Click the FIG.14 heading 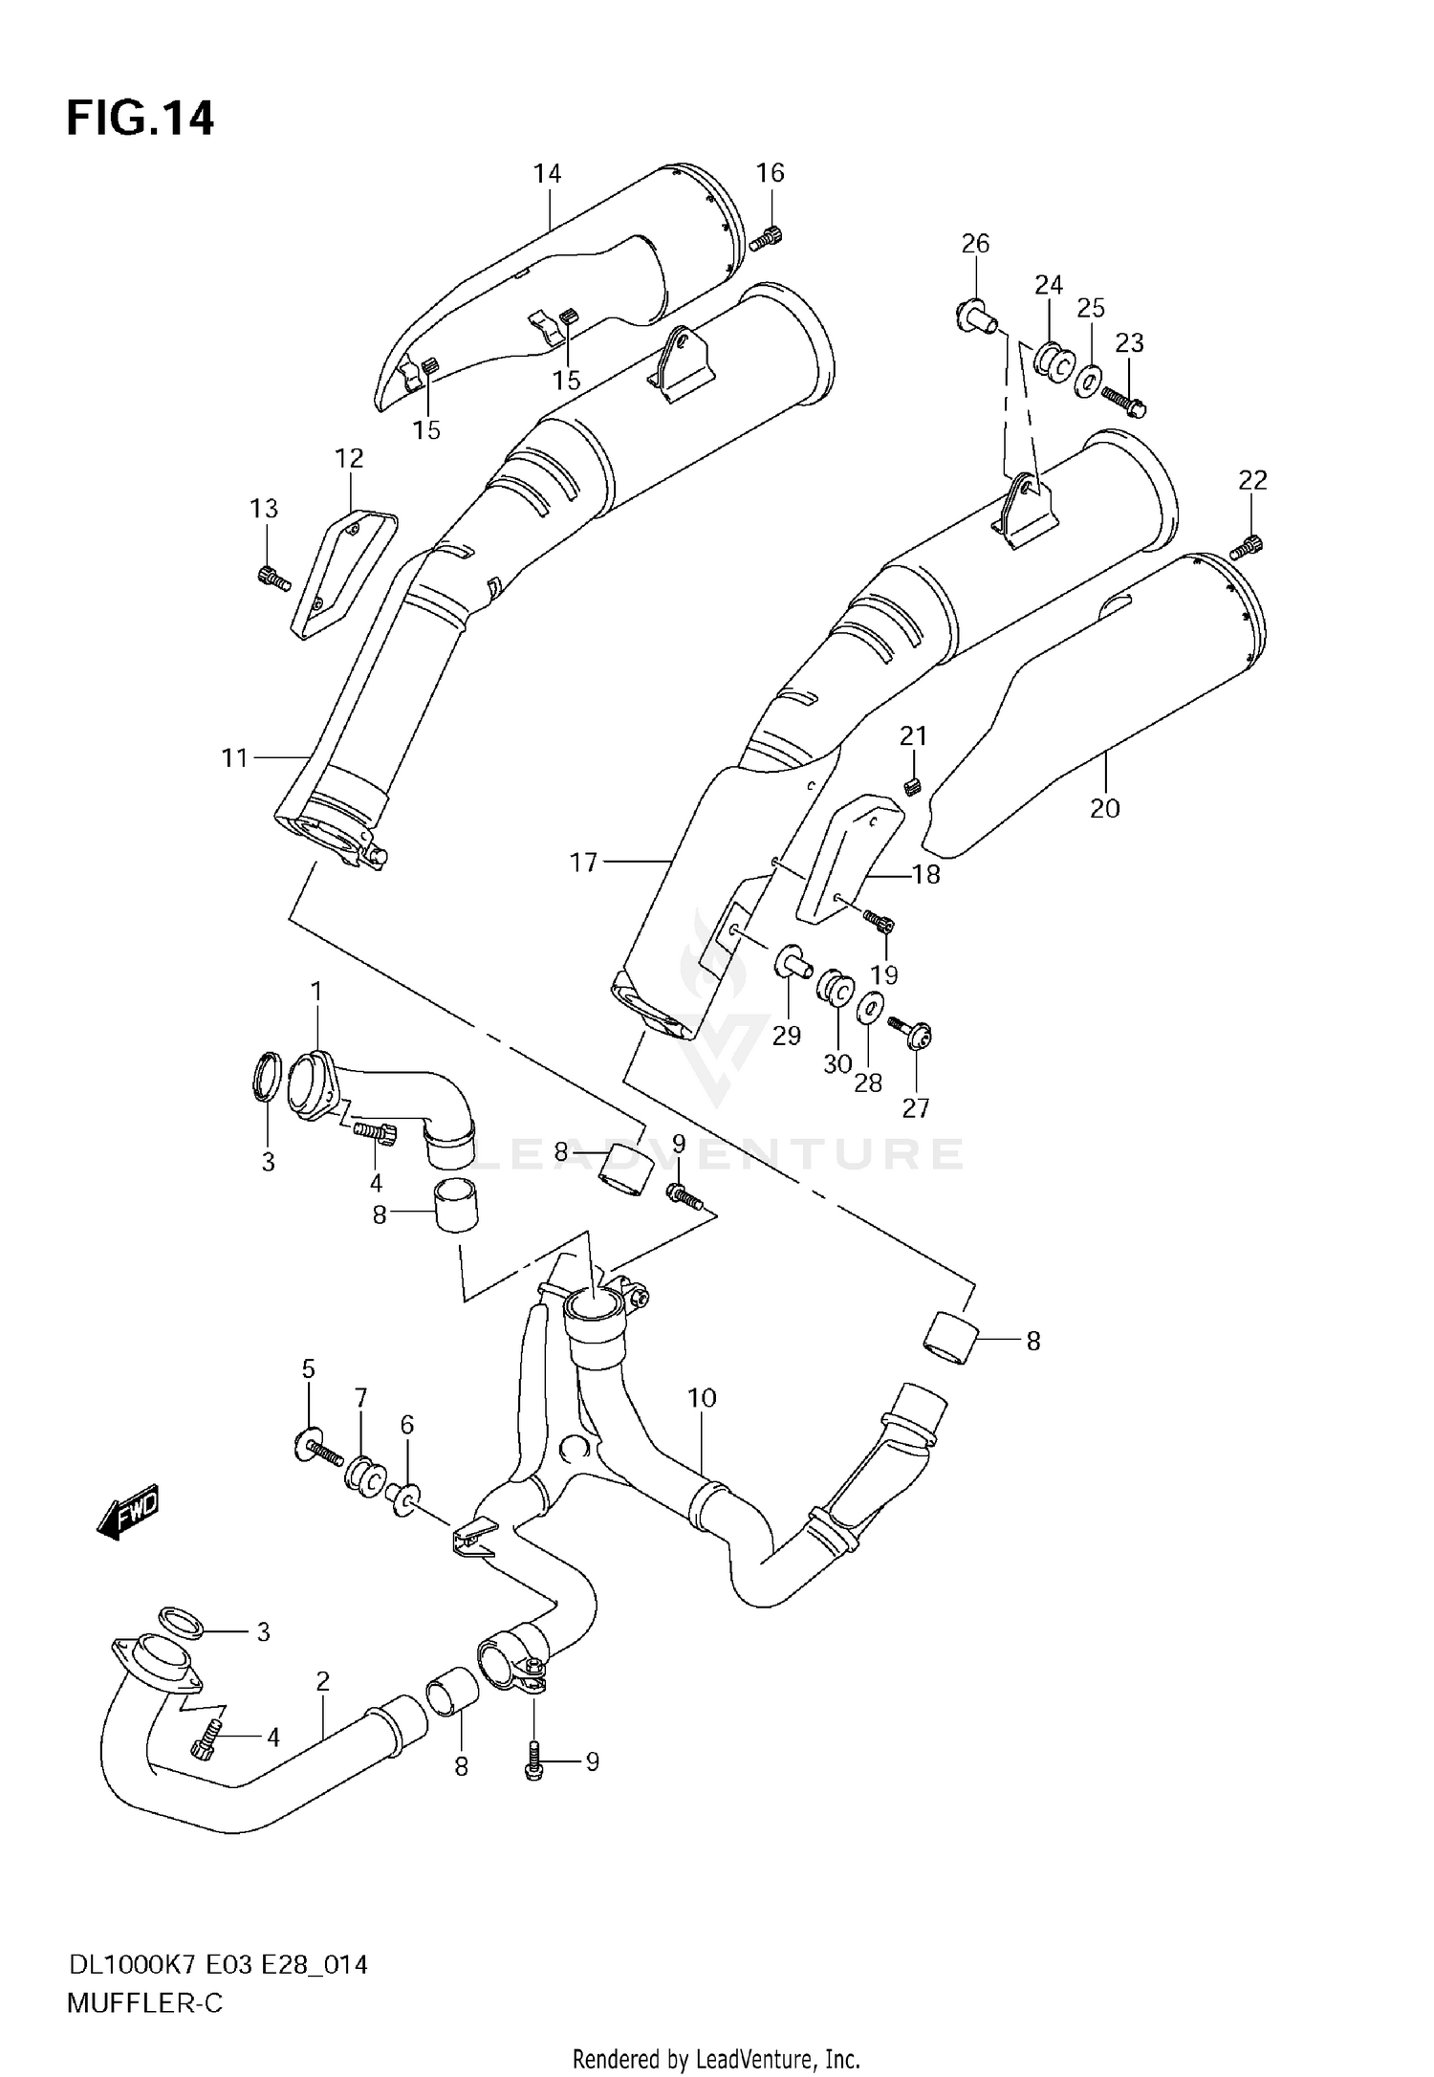141,120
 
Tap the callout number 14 547,173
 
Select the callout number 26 975,244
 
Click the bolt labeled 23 1123,401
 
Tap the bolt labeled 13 273,578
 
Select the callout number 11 234,758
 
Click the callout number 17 583,863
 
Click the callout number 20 1104,808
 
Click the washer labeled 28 869,1008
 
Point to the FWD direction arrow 128,1514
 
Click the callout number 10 702,1398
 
